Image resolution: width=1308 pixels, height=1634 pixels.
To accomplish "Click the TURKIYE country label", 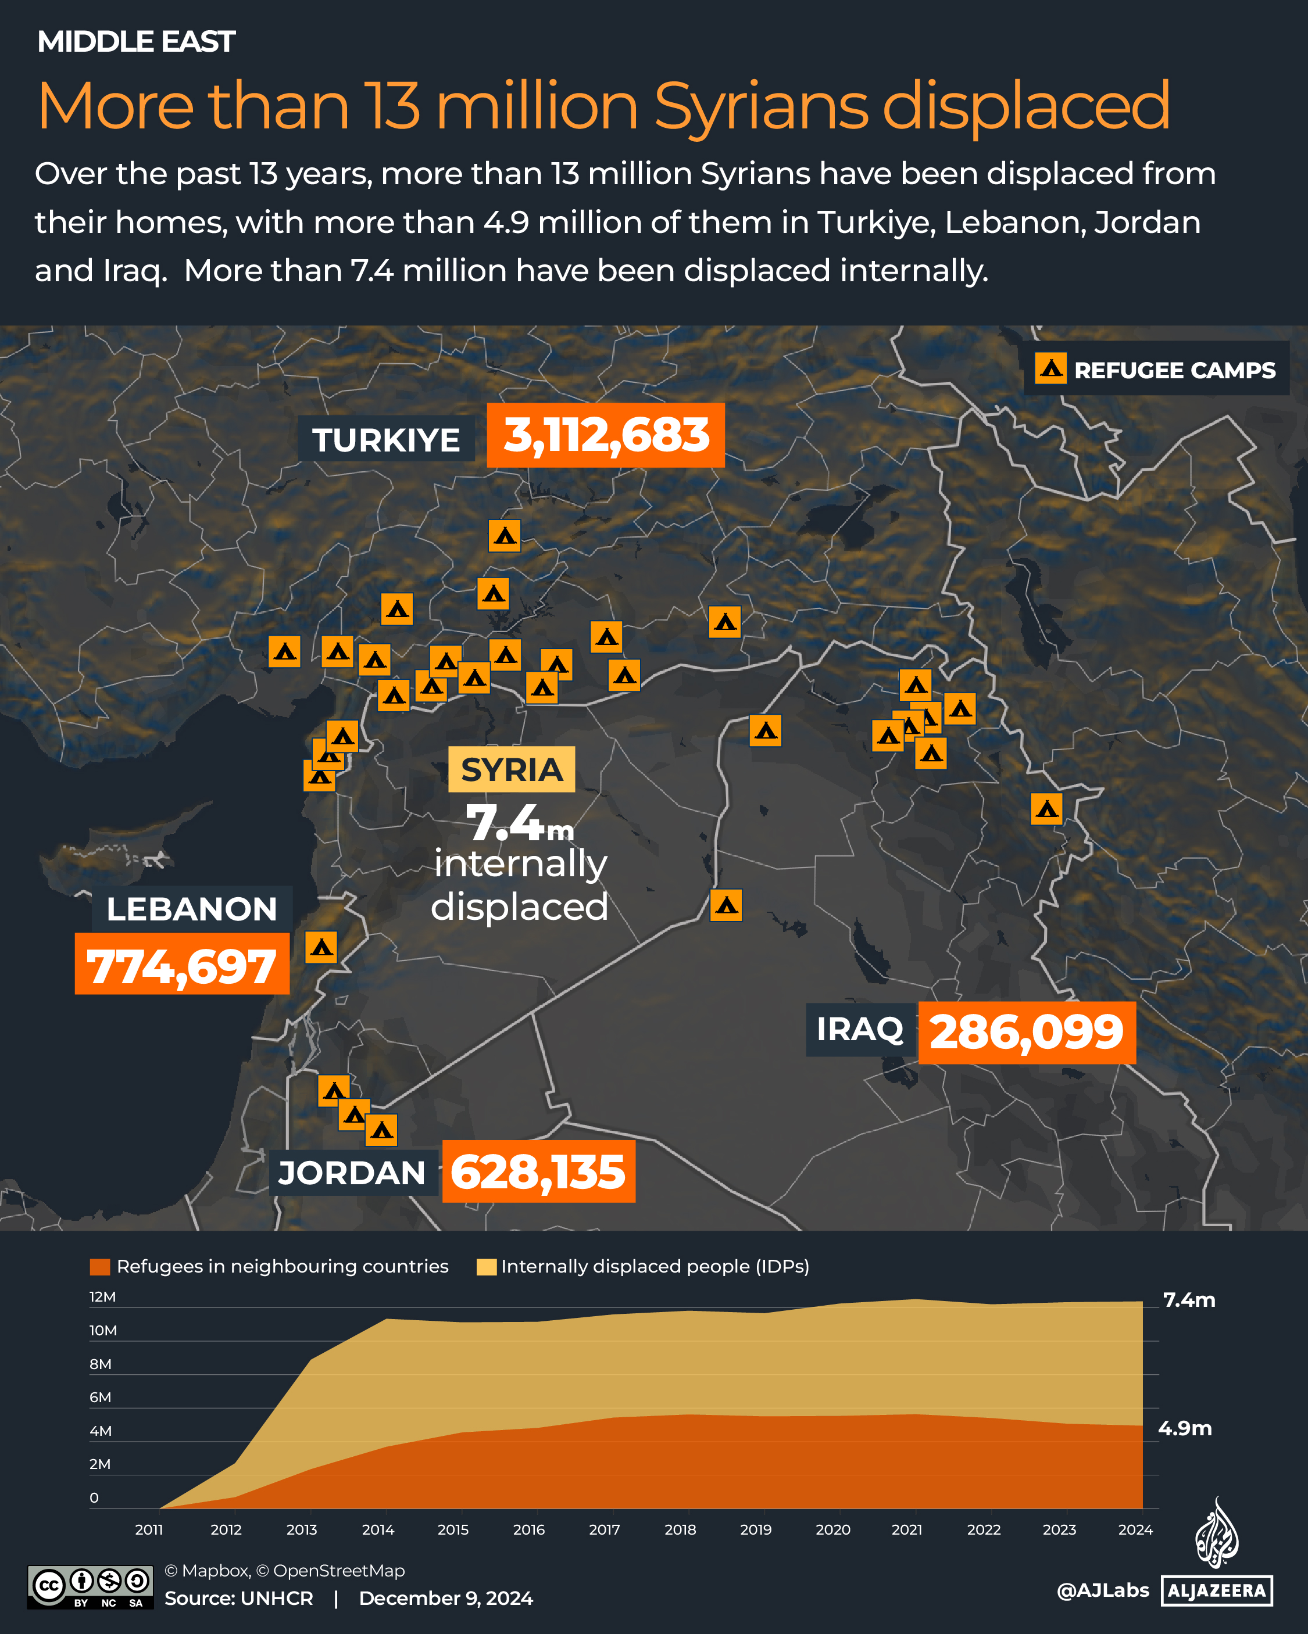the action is (386, 439).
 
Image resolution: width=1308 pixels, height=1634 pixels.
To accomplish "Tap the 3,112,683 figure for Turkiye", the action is (605, 436).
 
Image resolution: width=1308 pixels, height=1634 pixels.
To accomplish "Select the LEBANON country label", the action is (192, 909).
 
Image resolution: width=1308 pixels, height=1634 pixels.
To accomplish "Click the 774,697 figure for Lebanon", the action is (182, 964).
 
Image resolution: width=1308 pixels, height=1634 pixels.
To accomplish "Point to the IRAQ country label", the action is (859, 1029).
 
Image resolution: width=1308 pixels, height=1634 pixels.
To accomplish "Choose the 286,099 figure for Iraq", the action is (1027, 1032).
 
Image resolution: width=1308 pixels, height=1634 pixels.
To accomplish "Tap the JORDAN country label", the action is (352, 1173).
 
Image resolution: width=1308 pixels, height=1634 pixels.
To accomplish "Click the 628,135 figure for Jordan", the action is (538, 1171).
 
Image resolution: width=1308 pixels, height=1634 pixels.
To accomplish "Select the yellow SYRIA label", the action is (512, 769).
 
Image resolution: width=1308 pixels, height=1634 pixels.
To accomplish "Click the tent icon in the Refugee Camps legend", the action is (1050, 368).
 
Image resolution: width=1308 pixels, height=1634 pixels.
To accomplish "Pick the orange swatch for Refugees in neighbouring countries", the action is (99, 1266).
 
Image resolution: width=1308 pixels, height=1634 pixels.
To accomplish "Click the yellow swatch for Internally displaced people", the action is (486, 1266).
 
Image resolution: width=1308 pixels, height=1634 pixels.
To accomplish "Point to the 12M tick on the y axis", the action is (102, 1297).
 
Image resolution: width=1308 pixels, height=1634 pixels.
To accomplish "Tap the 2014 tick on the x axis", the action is (378, 1529).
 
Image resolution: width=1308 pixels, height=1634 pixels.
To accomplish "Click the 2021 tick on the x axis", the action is (907, 1529).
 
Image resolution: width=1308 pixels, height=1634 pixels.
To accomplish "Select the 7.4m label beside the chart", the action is (1189, 1300).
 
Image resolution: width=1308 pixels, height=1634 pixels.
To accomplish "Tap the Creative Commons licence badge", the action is (90, 1586).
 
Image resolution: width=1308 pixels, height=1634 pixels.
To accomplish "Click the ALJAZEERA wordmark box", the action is (1216, 1590).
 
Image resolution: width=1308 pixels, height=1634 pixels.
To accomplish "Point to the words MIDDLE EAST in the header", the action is (137, 42).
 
